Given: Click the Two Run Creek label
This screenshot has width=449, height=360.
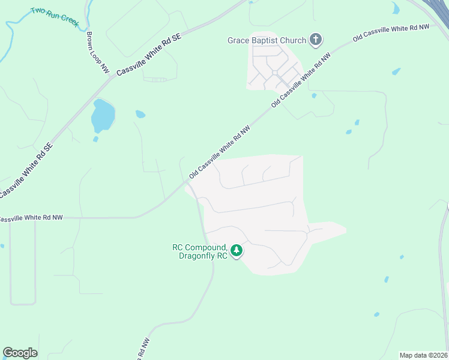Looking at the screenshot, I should pos(55,16).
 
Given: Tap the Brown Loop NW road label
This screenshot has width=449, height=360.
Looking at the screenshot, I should pos(97,53).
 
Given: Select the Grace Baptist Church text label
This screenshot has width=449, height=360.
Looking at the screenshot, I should pos(267,41).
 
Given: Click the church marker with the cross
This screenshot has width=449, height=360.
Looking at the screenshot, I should pos(316,41).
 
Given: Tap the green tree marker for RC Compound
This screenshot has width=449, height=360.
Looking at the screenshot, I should pos(237,250).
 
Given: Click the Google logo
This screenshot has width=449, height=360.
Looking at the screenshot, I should pos(20,353).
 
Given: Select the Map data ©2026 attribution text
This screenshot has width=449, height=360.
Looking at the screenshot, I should pos(423,355).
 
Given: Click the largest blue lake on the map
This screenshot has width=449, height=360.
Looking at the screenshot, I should pos(102,115).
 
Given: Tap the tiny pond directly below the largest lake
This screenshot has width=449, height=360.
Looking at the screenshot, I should pos(95,139).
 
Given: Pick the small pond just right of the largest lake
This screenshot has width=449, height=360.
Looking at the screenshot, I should pos(140,114).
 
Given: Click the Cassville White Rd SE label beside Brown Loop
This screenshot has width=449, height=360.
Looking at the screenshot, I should pos(149,55).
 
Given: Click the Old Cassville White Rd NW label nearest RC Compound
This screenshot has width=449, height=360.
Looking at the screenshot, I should pos(219,152).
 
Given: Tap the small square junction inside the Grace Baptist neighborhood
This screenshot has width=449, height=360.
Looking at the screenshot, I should pos(274,73).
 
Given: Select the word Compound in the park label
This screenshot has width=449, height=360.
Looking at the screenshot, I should pos(208,247).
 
